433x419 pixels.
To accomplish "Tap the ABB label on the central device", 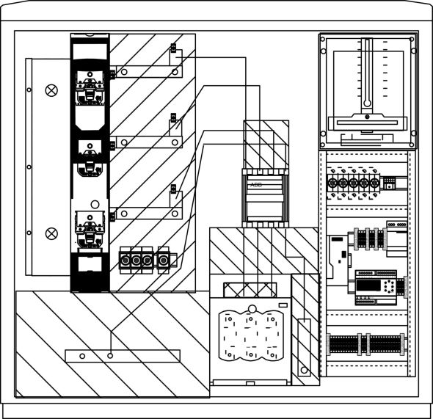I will [x=256, y=185].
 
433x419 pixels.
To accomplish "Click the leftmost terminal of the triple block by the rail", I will [x=124, y=260].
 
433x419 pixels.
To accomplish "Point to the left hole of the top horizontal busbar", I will [x=124, y=73].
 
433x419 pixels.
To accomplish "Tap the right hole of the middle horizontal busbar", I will [x=174, y=142].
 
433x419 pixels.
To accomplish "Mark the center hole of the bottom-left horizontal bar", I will [x=110, y=356].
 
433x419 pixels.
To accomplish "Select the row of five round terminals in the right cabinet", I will [x=354, y=182].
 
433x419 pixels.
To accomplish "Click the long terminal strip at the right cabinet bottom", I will [x=366, y=343].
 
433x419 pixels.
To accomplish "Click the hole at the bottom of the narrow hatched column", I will [x=302, y=369].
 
